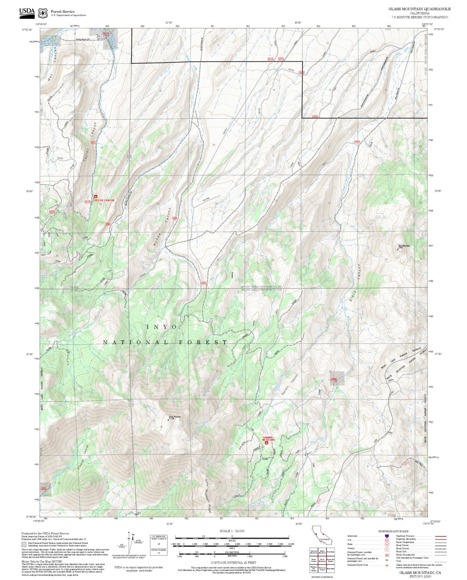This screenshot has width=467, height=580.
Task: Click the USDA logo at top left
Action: coord(27,12)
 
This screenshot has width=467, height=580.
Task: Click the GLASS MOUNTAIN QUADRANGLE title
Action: coord(419,9)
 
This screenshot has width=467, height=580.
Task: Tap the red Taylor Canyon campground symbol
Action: coord(96,197)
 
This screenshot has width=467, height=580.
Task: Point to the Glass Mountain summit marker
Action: coord(168,420)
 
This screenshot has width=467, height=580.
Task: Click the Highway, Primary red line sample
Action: coord(440,536)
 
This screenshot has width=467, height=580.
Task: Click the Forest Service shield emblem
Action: coord(42,13)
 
